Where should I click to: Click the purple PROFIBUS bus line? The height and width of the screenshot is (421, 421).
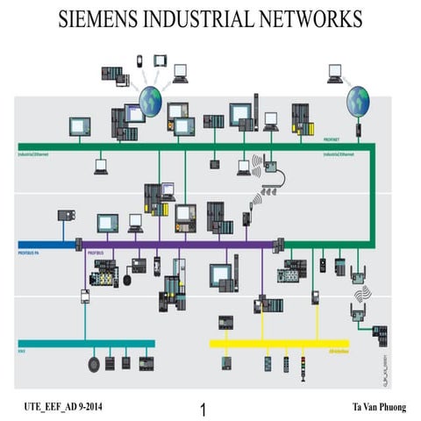click(x=175, y=245)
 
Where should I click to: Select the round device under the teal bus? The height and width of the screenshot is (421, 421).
click(x=95, y=362)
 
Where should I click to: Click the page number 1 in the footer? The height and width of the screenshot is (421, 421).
click(x=203, y=410)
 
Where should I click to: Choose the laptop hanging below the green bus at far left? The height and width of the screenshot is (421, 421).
click(x=101, y=167)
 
